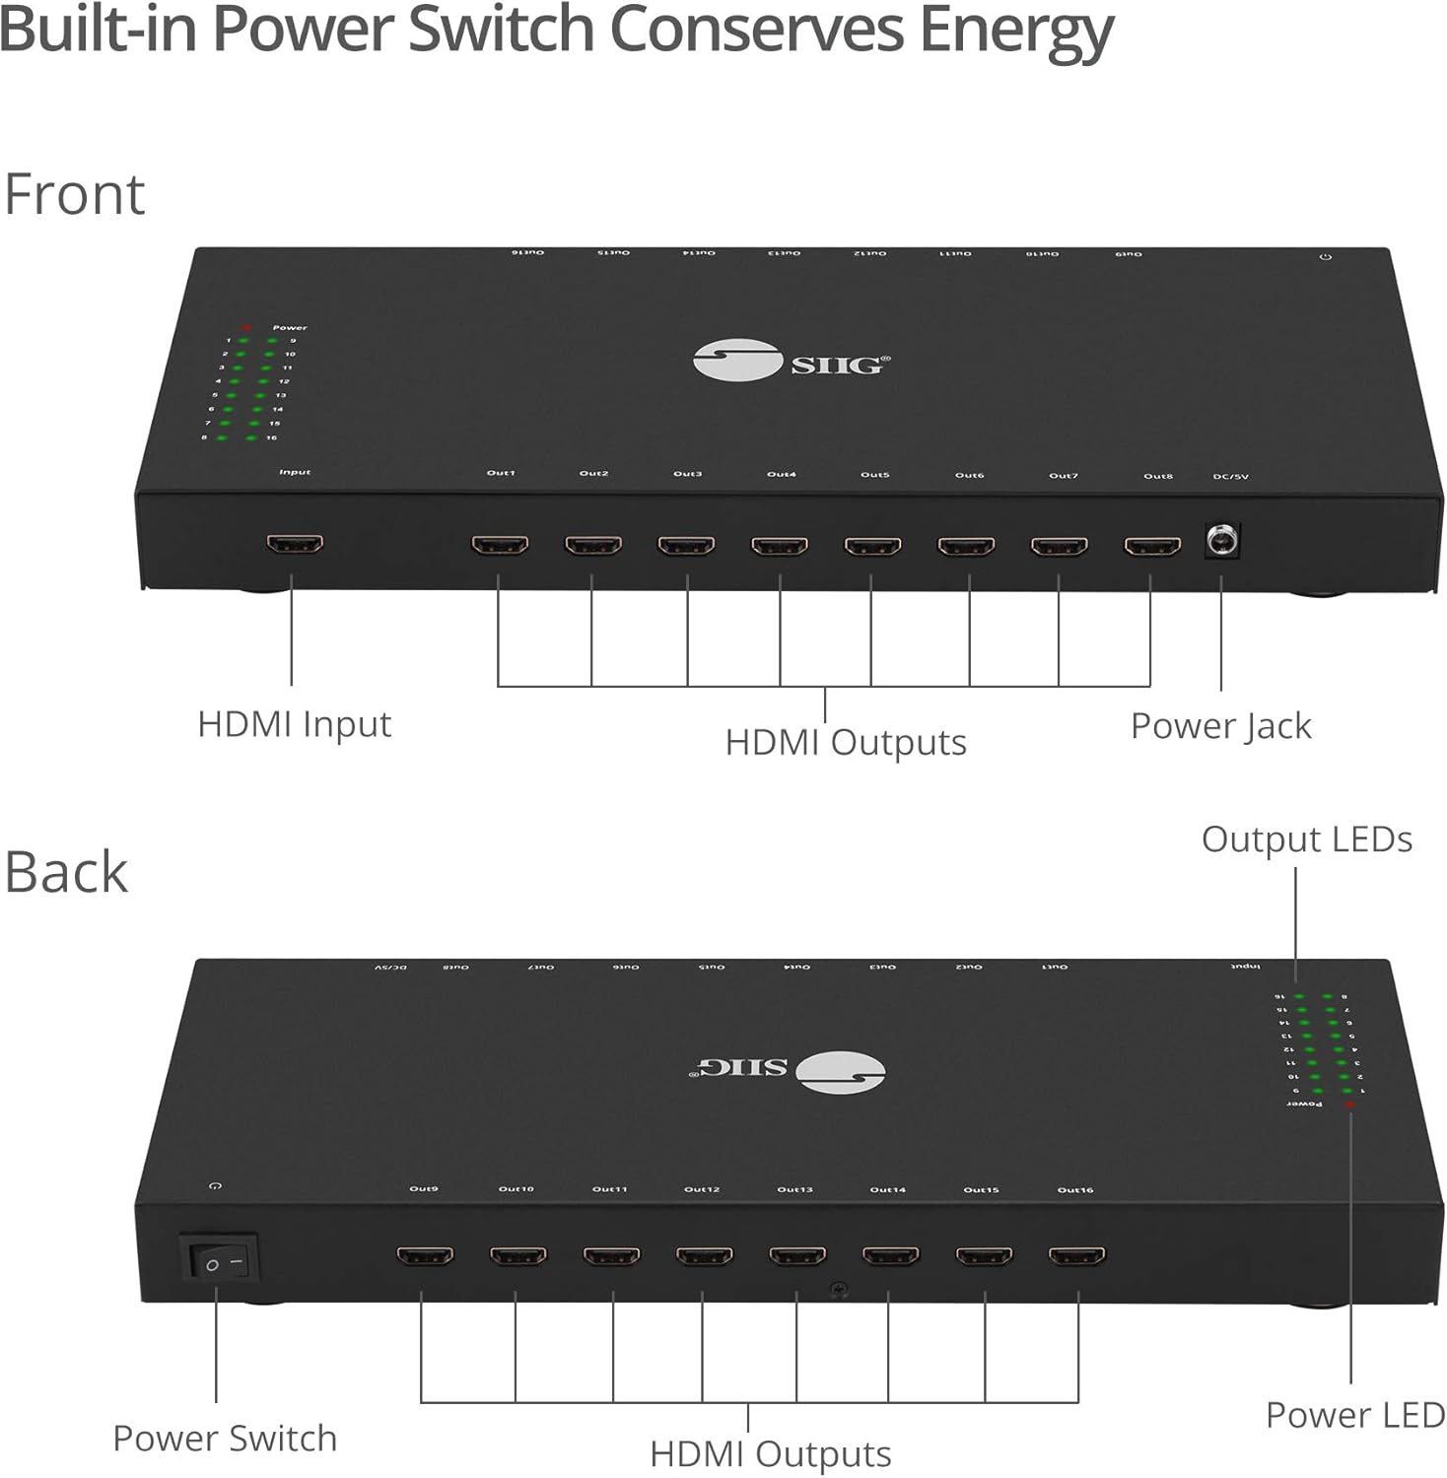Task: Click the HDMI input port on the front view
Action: point(295,543)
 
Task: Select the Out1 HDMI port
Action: point(500,544)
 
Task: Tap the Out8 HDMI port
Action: point(1152,546)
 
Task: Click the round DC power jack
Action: point(1222,541)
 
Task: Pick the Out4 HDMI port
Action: point(780,545)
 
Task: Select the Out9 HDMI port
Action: point(425,1255)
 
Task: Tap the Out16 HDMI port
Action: point(1076,1256)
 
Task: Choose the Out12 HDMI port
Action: point(704,1256)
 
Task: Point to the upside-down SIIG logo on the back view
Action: point(787,1071)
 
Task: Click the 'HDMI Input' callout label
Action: point(294,724)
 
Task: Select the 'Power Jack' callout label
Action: point(1220,726)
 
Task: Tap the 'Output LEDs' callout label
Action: point(1306,840)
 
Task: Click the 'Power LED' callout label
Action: point(1354,1415)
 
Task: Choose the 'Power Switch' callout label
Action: point(225,1439)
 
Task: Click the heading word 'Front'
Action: point(75,194)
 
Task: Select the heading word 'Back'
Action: point(66,873)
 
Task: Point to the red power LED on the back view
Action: point(1349,1105)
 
